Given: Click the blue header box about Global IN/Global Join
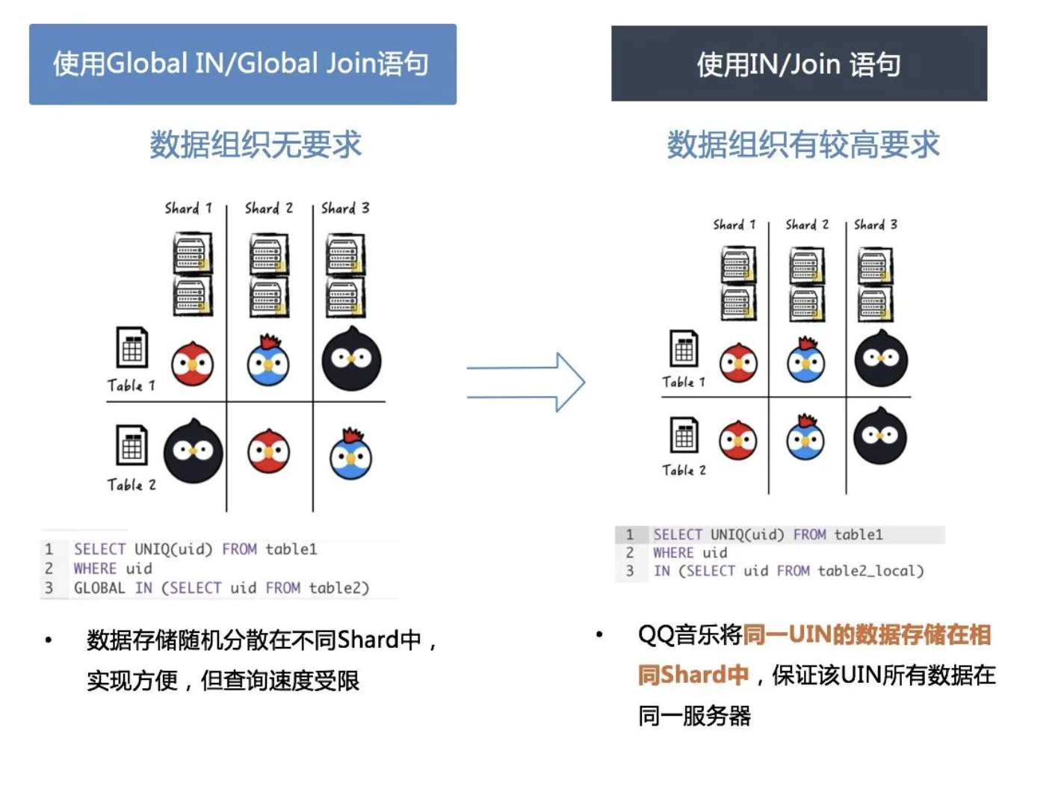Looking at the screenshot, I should (242, 64).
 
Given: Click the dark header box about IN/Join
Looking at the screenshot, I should (799, 64).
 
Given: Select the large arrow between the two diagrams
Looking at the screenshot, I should (526, 382).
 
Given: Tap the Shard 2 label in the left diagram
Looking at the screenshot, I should (268, 208).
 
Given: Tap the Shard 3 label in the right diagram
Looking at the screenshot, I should (875, 224).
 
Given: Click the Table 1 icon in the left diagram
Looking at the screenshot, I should (132, 348).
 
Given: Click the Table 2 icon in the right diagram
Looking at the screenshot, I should (684, 436).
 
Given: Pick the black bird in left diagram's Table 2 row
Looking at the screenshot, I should (193, 451).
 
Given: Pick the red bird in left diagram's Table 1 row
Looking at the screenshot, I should (193, 364).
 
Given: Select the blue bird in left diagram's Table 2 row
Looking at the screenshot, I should (351, 455).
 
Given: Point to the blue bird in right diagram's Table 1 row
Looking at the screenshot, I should (806, 362).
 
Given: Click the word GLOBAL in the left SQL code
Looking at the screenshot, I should (99, 588).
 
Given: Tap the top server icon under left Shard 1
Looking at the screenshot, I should (192, 253).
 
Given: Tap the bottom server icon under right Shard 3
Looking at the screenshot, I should (875, 303).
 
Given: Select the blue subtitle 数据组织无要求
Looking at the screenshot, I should (255, 144).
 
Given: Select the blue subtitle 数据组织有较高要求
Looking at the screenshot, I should (802, 144).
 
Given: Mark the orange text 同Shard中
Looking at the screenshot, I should (693, 675).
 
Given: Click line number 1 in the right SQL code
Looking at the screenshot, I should (630, 535).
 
